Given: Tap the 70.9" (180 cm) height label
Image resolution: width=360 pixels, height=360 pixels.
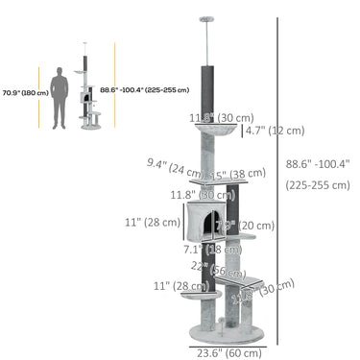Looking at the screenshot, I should click(19, 93).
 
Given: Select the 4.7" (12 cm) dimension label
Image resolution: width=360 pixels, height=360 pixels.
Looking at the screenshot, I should click(275, 131).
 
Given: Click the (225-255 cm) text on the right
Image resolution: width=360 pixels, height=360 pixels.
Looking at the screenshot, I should click(318, 185).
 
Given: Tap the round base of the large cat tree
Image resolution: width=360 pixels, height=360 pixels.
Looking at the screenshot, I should click(224, 330).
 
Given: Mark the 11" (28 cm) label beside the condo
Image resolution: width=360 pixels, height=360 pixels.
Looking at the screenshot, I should click(154, 222).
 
